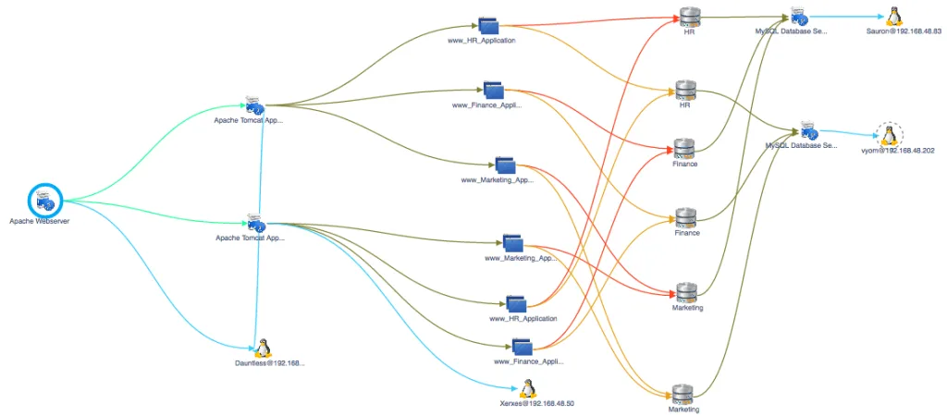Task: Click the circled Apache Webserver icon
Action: click(44, 199)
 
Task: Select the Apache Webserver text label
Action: click(40, 222)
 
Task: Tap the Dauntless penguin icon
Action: click(263, 348)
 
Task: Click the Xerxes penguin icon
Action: click(528, 388)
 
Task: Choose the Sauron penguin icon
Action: click(893, 16)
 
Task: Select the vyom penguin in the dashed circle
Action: click(889, 136)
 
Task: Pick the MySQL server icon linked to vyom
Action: click(808, 130)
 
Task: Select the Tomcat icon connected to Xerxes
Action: click(255, 222)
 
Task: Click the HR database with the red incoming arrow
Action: click(689, 17)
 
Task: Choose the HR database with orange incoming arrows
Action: click(684, 90)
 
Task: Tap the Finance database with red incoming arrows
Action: click(684, 148)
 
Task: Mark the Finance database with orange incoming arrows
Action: click(686, 217)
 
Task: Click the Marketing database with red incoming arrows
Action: click(686, 292)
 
